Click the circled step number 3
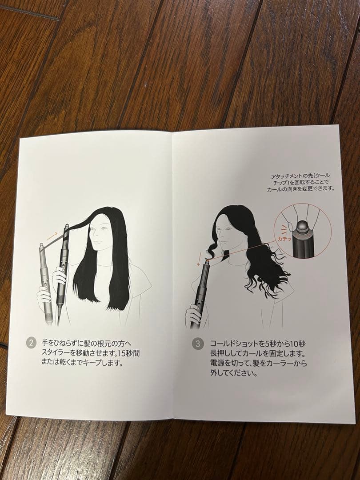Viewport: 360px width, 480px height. point(198,344)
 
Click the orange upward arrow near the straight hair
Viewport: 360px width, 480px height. point(52,235)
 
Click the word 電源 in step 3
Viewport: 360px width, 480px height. point(217,364)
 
